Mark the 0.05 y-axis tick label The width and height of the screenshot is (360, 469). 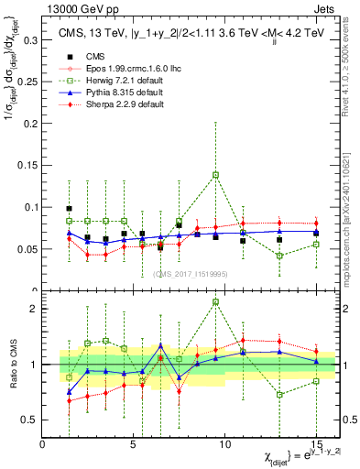[x=27, y=249]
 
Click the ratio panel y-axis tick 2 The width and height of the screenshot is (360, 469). [x=35, y=309]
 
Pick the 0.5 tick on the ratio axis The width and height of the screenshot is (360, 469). [x=30, y=420]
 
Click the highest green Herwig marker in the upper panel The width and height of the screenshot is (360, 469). [x=215, y=174]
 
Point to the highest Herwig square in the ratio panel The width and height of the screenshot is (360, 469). [x=215, y=301]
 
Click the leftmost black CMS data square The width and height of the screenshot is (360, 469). [x=69, y=209]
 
